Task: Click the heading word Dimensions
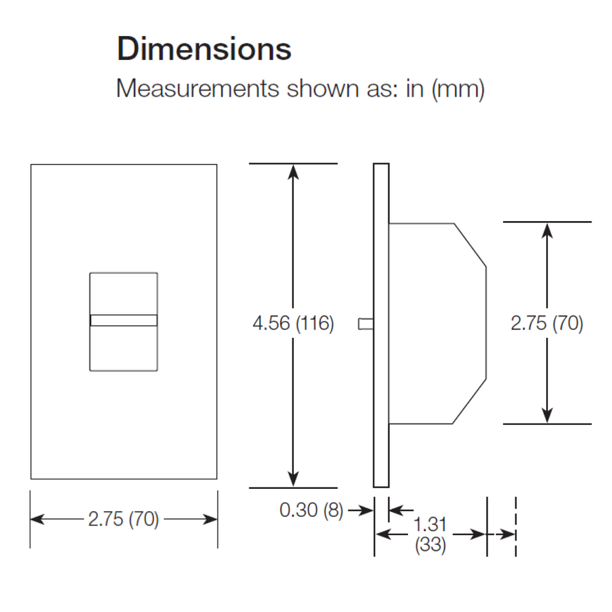(x=204, y=50)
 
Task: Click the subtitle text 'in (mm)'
(x=445, y=89)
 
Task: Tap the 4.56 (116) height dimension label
(x=293, y=324)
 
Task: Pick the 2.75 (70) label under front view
(x=123, y=520)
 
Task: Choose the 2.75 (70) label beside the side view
(x=547, y=324)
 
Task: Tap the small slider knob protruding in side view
(x=366, y=324)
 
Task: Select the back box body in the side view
(x=435, y=324)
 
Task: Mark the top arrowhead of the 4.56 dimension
(x=293, y=171)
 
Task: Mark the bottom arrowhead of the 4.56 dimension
(x=293, y=481)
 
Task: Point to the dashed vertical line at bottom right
(x=515, y=527)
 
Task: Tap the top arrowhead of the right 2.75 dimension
(x=547, y=229)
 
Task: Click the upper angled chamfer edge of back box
(x=471, y=244)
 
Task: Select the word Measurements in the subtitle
(x=197, y=89)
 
